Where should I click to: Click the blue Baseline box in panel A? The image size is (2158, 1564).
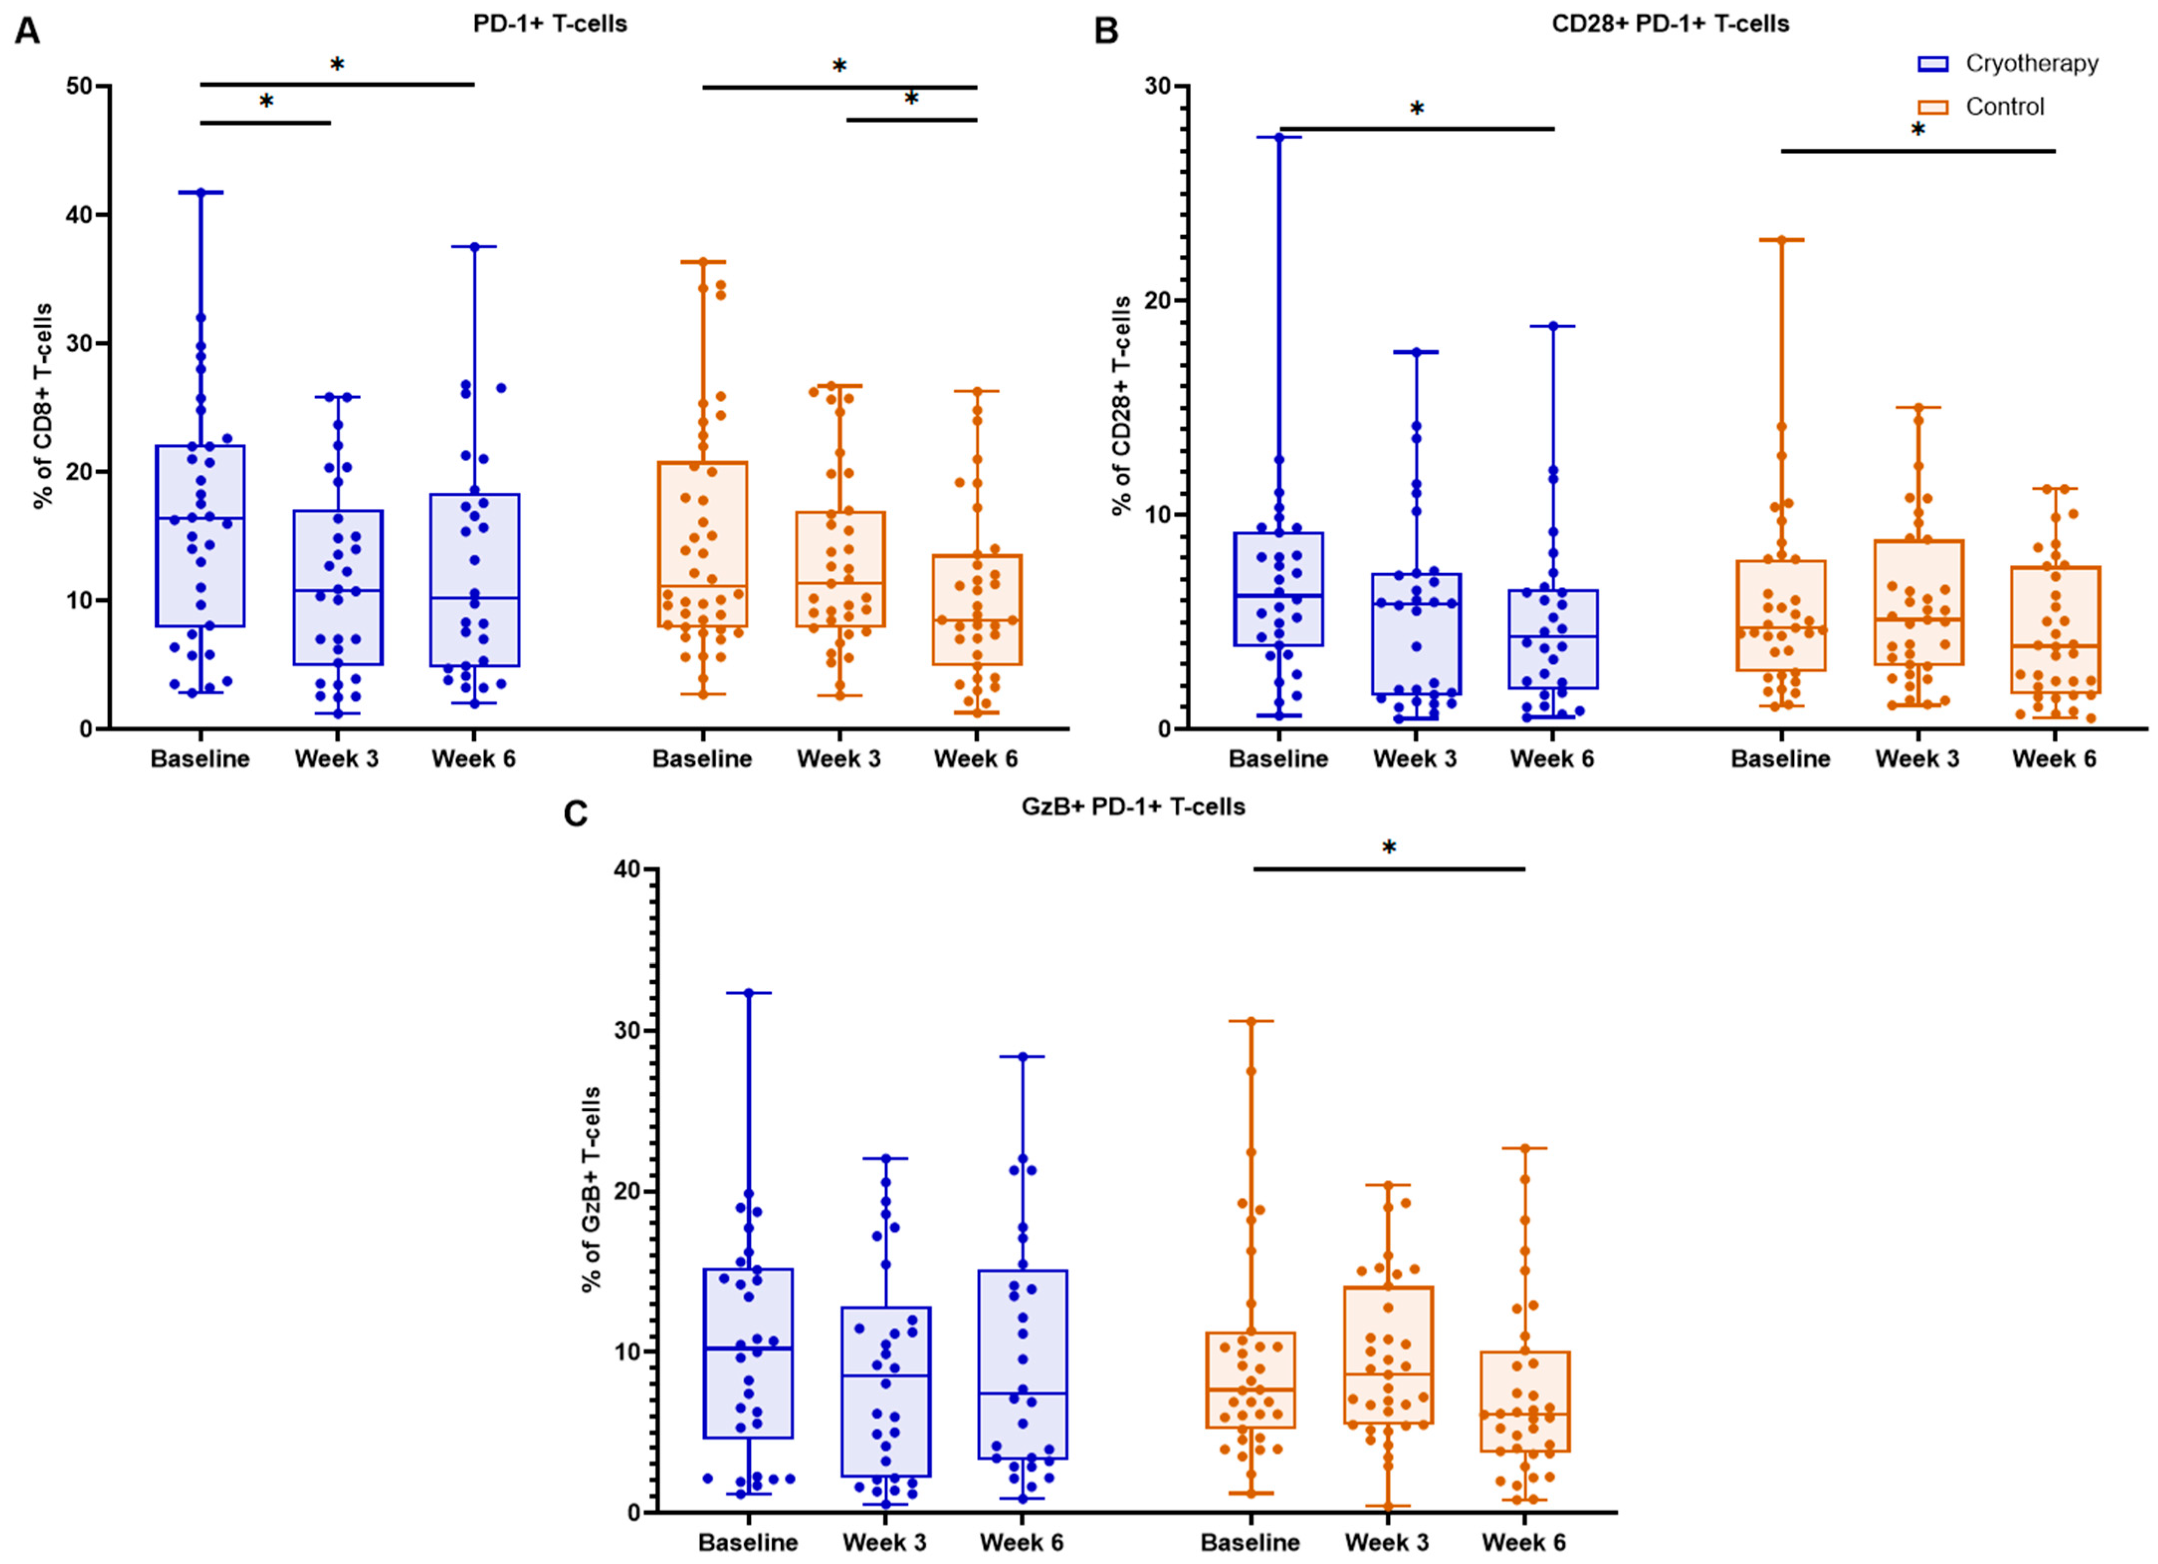pos(201,535)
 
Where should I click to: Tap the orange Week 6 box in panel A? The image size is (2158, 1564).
pos(977,610)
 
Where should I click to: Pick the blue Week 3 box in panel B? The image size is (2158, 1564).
pos(1417,633)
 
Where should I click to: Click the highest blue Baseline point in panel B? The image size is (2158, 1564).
pos(1280,137)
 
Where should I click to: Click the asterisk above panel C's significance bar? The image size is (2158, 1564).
pos(1389,847)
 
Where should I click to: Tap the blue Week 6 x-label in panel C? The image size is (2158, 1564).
pos(1022,1542)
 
